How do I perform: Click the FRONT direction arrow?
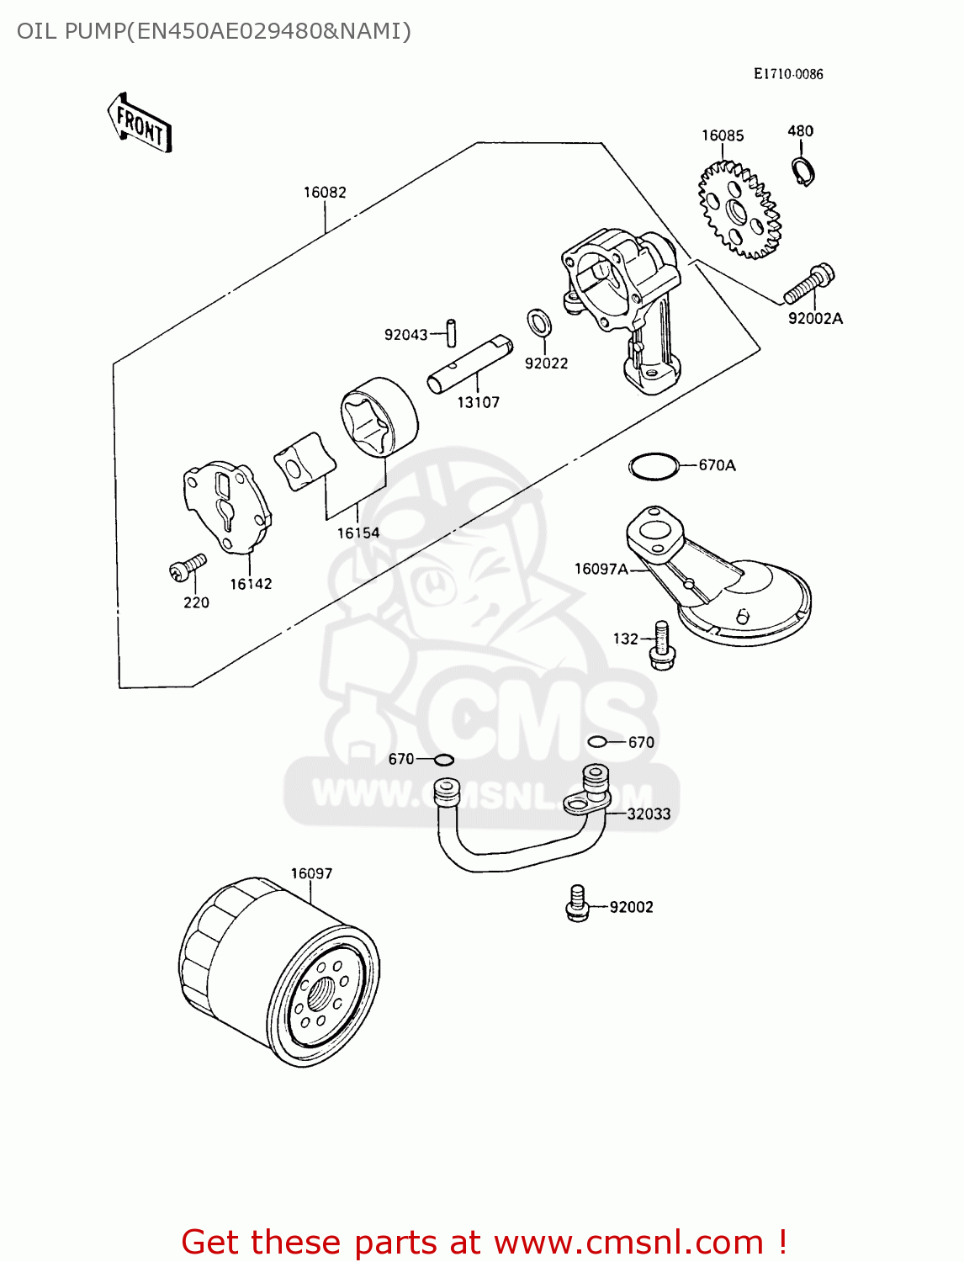pyautogui.click(x=140, y=124)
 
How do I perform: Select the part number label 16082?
pyautogui.click(x=325, y=193)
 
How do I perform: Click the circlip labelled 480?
pyautogui.click(x=804, y=171)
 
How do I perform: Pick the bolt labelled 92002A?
pyautogui.click(x=808, y=284)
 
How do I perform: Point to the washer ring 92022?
pyautogui.click(x=539, y=322)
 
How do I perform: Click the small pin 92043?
pyautogui.click(x=452, y=331)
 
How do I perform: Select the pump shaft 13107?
pyautogui.click(x=469, y=363)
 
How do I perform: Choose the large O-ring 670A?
pyautogui.click(x=654, y=466)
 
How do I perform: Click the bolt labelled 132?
pyautogui.click(x=660, y=645)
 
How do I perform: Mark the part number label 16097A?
pyautogui.click(x=601, y=570)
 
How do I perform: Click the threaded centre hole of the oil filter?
pyautogui.click(x=320, y=994)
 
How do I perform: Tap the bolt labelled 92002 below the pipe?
pyautogui.click(x=577, y=903)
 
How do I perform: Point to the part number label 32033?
pyautogui.click(x=649, y=814)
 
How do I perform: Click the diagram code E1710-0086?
pyautogui.click(x=788, y=74)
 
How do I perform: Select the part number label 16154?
pyautogui.click(x=358, y=533)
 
